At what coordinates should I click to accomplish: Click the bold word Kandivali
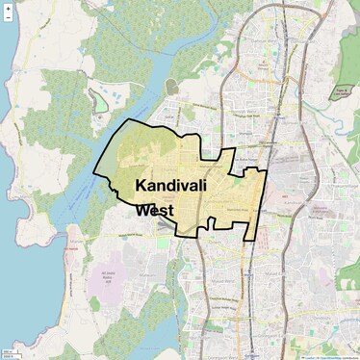[174, 185]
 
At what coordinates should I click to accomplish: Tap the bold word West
[154, 210]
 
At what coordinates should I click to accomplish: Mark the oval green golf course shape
[100, 101]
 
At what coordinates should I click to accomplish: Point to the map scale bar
[12, 354]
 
